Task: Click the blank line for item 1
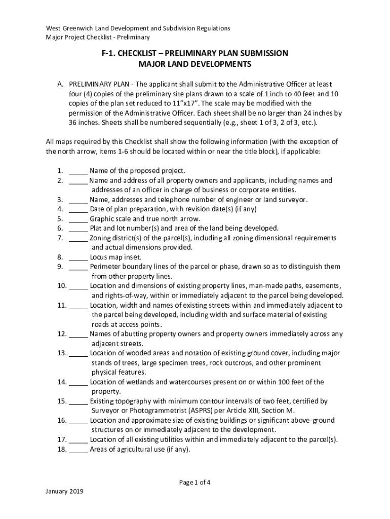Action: coord(78,171)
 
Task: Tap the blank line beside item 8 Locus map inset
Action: coord(78,257)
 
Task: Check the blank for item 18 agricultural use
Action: coord(78,449)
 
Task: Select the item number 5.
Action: coord(60,219)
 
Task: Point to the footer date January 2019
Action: coord(64,492)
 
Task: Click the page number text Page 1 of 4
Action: coord(195,482)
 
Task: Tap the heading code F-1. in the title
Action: coord(112,53)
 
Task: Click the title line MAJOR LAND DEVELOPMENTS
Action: coord(195,64)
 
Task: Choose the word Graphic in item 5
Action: coord(102,219)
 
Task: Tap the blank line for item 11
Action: coord(78,305)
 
